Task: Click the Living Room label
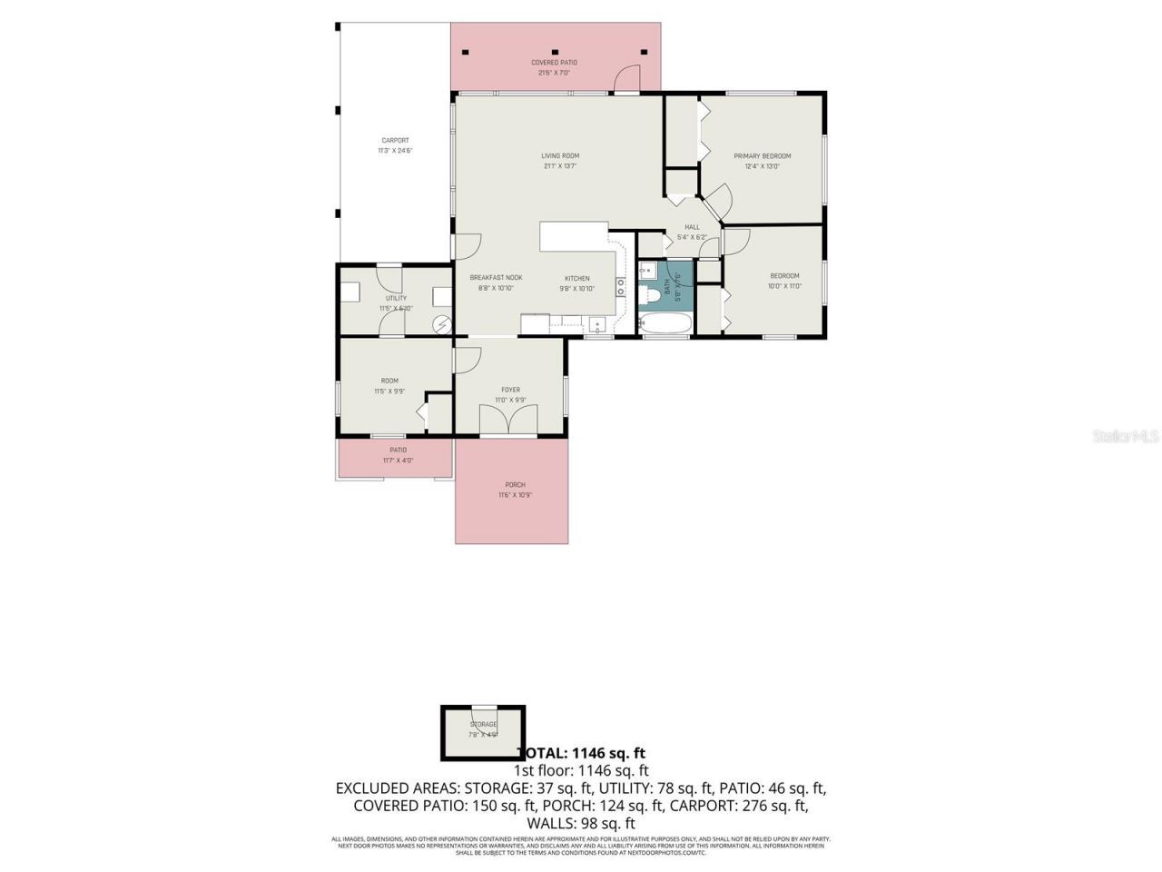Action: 560,161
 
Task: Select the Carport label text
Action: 395,145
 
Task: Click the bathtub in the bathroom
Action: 665,324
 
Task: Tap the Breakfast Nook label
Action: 496,282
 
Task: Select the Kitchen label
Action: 577,283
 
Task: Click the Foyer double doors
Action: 507,419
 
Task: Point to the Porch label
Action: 515,490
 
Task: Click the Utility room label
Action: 396,302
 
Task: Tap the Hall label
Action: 692,232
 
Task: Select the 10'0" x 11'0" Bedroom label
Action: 784,281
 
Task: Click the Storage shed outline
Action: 483,732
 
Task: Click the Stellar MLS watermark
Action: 1126,437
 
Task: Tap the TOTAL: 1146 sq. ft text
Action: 581,753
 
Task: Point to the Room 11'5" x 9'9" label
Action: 389,386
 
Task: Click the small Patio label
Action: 398,455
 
